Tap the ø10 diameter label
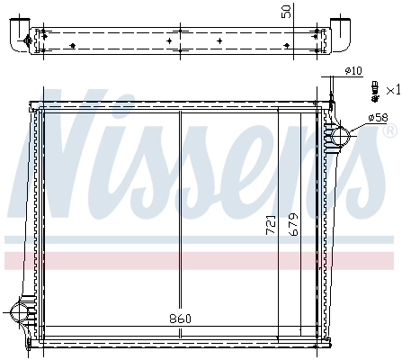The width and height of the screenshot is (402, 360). click(353, 71)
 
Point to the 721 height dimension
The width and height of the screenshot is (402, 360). click(271, 225)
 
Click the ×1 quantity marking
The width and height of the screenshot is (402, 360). click(392, 90)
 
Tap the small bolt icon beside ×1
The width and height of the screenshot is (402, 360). click(372, 90)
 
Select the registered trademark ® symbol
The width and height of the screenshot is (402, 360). click(389, 131)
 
